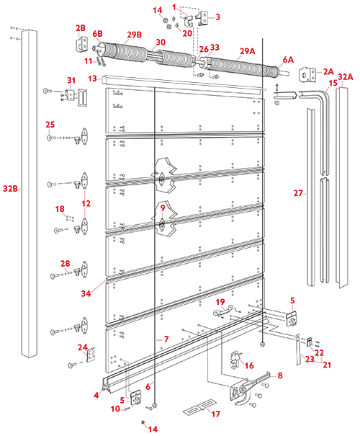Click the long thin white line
(x=184, y=82)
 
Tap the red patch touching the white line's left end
(x=78, y=71)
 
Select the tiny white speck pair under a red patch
(x=70, y=92)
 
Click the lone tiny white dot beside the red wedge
(x=123, y=275)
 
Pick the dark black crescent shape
(x=92, y=357)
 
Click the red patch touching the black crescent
(x=76, y=348)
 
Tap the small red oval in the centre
(x=163, y=210)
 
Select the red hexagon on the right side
(x=292, y=193)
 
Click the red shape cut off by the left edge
(x=9, y=189)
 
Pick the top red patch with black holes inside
(x=158, y=25)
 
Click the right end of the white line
(x=264, y=89)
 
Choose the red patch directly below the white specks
(x=54, y=121)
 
